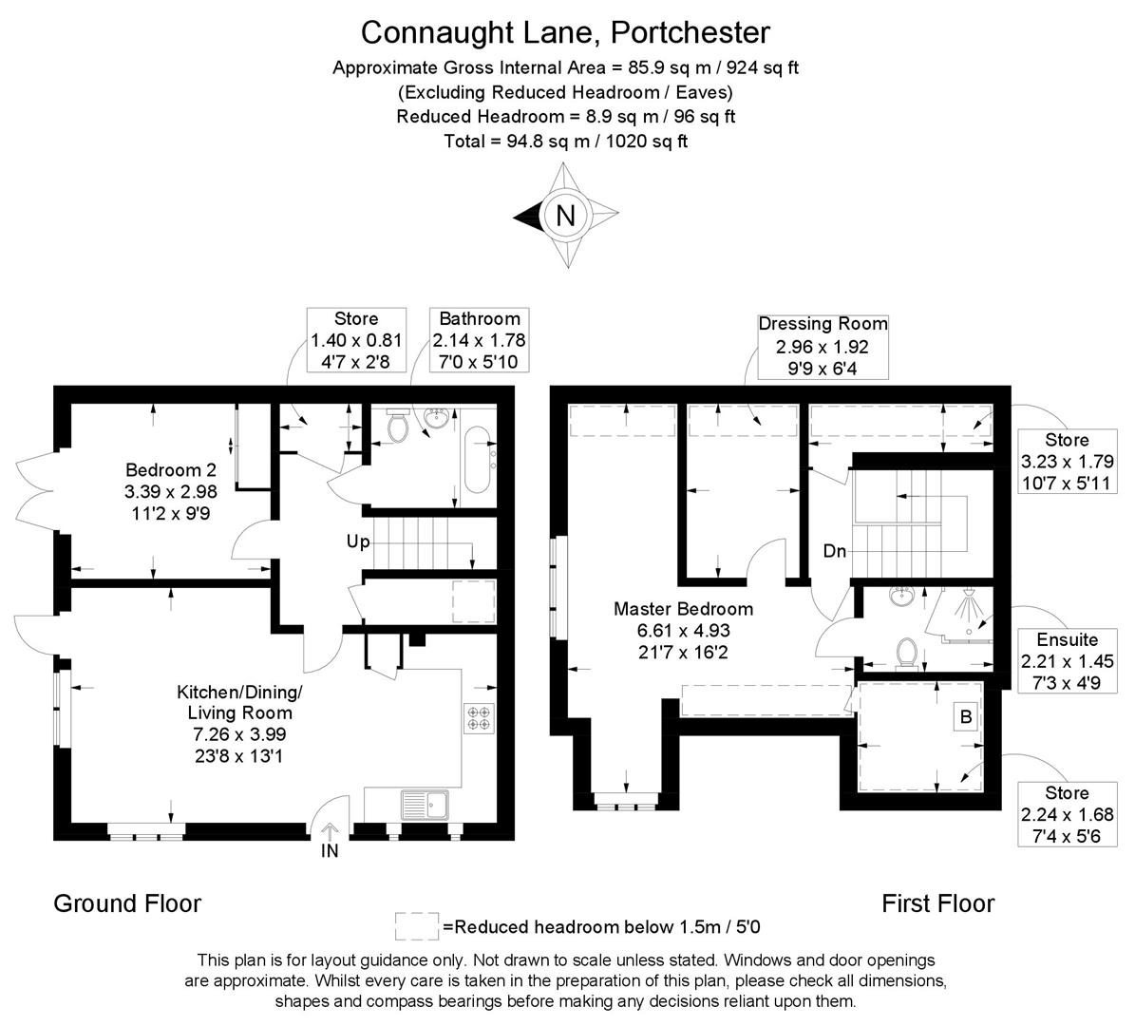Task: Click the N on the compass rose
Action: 565,216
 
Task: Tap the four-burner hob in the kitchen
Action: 477,716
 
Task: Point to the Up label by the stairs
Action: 358,542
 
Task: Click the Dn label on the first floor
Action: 834,551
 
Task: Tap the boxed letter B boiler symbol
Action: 966,717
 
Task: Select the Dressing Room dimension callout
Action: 823,346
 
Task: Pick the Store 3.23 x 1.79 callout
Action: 1067,462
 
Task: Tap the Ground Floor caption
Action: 127,902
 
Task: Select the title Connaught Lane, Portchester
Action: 565,32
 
